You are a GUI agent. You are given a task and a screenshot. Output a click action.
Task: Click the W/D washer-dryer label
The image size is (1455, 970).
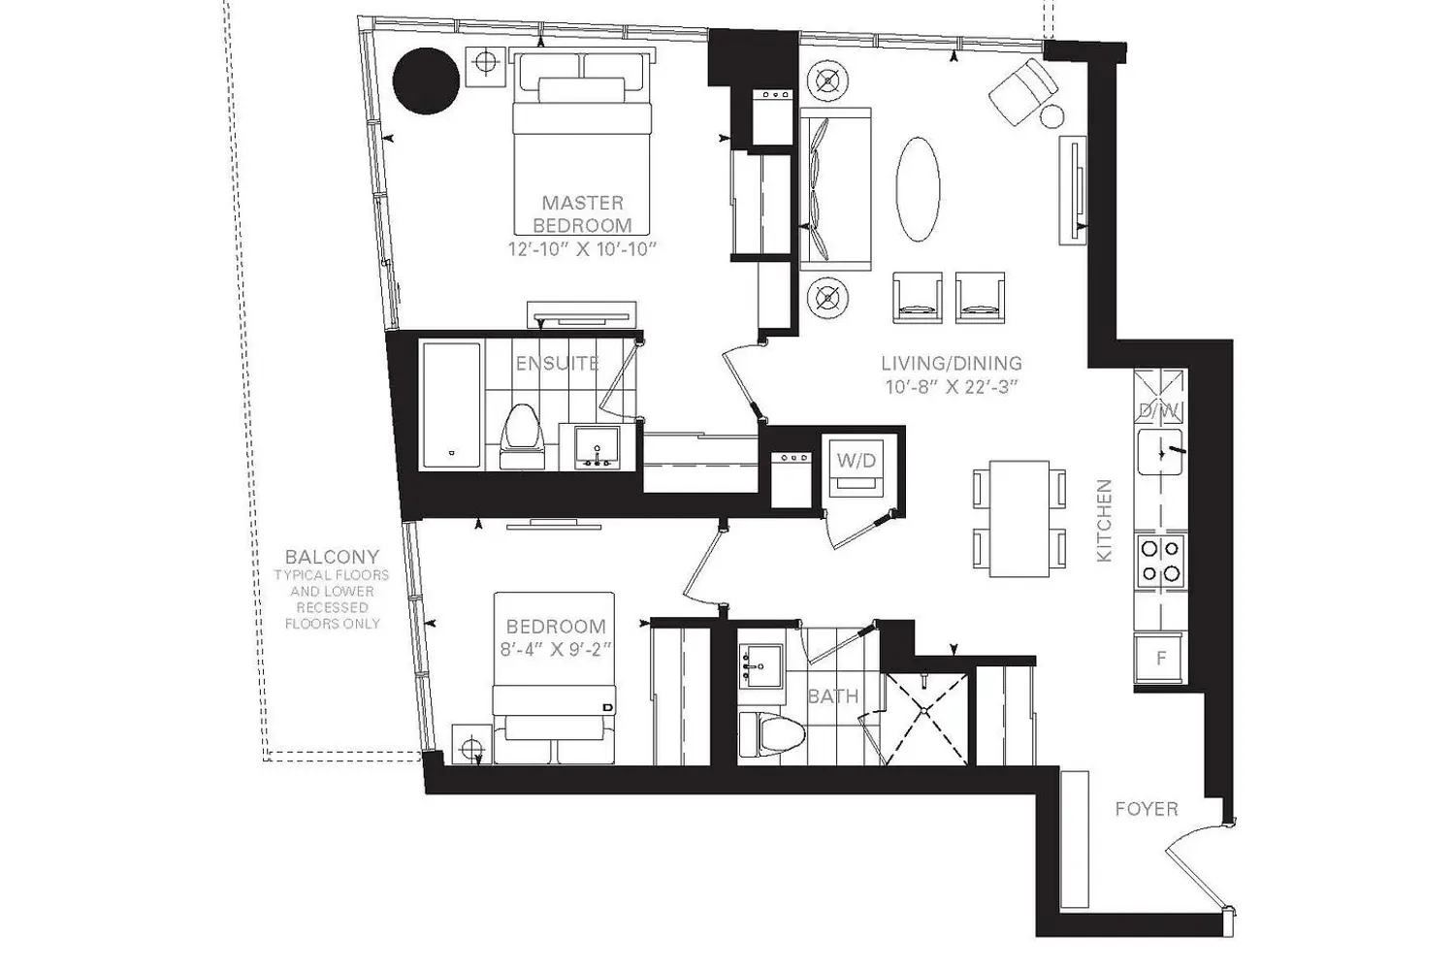tap(857, 461)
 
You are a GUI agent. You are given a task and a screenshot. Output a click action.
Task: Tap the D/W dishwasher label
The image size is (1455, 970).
tap(1160, 410)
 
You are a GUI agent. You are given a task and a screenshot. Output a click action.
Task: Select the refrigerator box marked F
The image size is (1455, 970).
tap(1160, 658)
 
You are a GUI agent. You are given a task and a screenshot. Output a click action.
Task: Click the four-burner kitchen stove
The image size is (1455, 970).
tap(1160, 560)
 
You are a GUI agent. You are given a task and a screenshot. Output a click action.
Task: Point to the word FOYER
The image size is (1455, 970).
tap(1147, 809)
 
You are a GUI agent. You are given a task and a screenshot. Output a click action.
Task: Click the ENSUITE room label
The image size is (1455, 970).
tap(557, 363)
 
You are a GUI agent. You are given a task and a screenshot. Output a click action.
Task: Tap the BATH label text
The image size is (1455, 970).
tap(832, 696)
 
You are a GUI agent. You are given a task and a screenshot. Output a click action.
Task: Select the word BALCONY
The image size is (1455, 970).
tap(332, 557)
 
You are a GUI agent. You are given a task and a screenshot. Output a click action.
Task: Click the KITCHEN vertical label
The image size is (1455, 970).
tap(1104, 521)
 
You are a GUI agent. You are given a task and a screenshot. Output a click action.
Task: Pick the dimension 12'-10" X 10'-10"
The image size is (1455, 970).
tap(583, 249)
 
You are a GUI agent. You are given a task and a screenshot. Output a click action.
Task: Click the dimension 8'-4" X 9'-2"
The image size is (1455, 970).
tap(556, 650)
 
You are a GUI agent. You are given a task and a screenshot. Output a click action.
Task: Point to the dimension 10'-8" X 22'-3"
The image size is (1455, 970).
tap(951, 387)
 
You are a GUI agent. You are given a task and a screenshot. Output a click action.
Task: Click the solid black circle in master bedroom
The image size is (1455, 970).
tap(426, 81)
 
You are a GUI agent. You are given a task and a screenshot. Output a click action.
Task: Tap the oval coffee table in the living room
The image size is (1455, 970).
tap(918, 189)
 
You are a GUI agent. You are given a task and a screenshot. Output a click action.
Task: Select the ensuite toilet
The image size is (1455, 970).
tap(522, 436)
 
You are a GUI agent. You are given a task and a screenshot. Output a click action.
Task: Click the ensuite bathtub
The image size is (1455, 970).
tap(451, 404)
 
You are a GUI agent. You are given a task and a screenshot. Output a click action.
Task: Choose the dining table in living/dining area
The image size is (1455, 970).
tap(1019, 518)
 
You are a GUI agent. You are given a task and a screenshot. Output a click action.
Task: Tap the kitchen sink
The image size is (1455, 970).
tap(1160, 452)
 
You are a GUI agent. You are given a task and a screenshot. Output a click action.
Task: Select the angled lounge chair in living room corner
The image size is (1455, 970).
tap(1023, 91)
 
